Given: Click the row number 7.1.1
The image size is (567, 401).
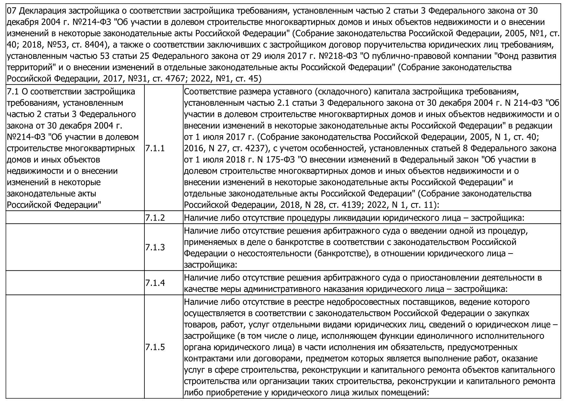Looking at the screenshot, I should point(155,148).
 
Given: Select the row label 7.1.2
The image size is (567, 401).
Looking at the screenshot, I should point(155,218).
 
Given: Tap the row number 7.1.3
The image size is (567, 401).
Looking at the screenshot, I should point(155,247).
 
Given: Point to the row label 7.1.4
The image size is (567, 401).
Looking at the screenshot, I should point(155,283).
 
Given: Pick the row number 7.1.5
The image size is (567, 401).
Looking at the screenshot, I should point(155,347).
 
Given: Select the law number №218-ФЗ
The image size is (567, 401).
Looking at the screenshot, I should point(338,56).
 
